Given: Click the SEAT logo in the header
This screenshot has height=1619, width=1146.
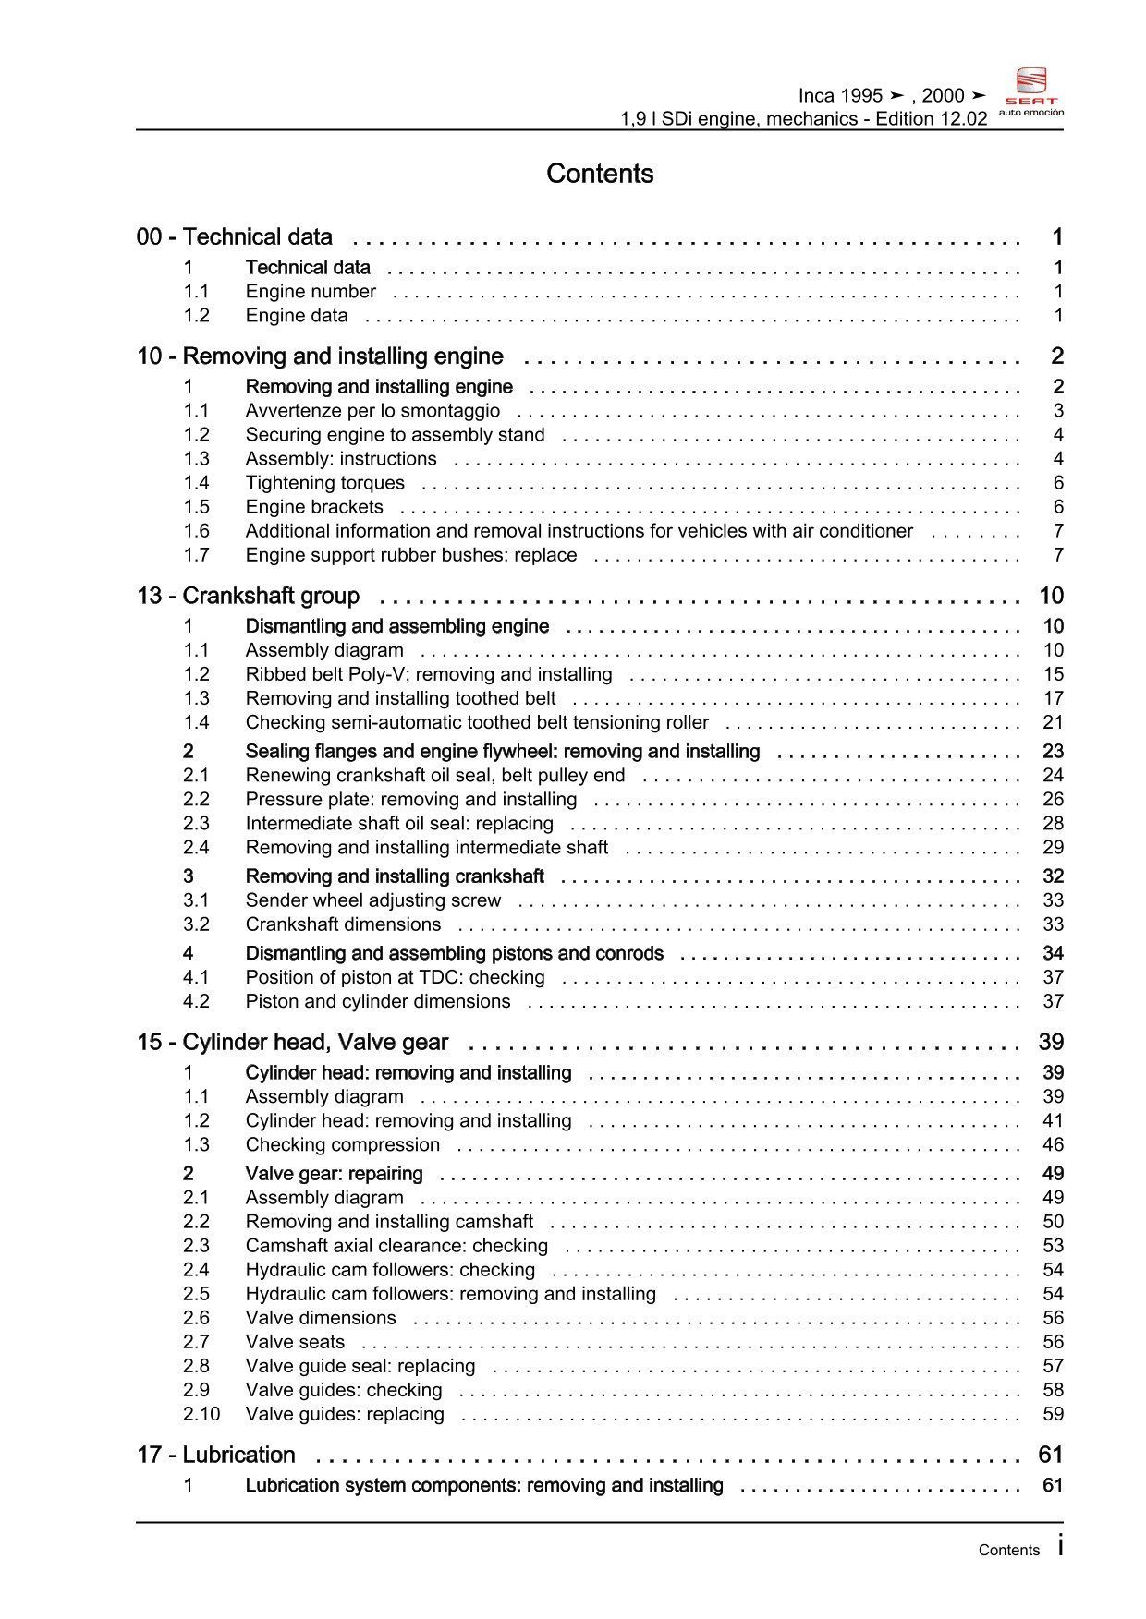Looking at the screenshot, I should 1030,91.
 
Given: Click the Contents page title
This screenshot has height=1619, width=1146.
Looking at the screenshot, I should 600,174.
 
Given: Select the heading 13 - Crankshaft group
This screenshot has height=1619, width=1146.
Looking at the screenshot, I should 248,596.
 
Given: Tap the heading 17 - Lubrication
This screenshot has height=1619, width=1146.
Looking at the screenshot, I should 215,1455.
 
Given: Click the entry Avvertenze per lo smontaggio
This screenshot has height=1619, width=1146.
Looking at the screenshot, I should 372,411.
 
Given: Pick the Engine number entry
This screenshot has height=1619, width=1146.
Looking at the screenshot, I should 311,292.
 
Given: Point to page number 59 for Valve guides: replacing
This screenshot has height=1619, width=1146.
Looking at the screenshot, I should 1053,1414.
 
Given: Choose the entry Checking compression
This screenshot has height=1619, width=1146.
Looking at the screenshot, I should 343,1145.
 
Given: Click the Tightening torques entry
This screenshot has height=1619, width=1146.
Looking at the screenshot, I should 324,483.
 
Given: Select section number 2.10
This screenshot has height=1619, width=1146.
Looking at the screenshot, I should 201,1414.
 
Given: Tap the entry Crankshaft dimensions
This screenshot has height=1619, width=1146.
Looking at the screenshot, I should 343,924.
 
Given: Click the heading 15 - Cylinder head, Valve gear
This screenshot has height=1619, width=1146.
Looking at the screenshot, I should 292,1043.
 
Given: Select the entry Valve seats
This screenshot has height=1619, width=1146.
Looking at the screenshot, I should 295,1342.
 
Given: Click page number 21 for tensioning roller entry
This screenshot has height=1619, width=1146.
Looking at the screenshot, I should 1053,723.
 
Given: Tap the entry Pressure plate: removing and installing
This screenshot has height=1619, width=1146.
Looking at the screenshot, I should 411,800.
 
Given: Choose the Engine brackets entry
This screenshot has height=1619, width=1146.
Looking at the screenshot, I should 314,507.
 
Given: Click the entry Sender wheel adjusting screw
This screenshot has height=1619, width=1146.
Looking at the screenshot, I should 373,900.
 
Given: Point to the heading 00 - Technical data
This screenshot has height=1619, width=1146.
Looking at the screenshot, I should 235,237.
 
